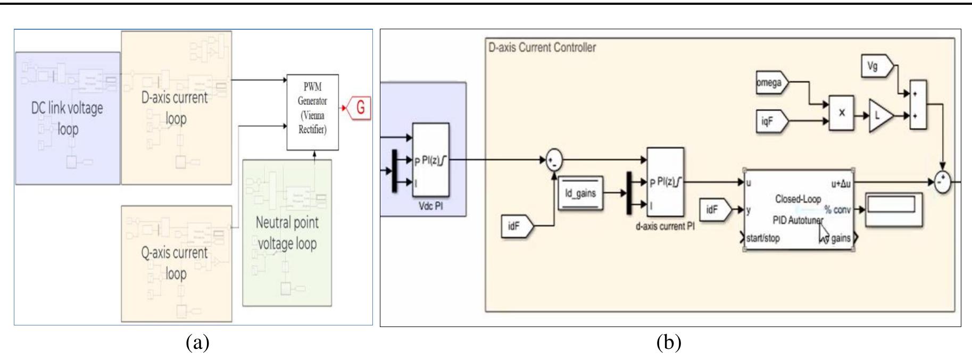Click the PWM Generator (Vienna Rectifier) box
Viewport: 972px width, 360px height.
(312, 112)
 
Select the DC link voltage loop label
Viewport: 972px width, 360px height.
(67, 118)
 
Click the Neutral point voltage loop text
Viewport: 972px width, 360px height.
(287, 232)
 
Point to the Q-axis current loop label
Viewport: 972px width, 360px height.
(175, 262)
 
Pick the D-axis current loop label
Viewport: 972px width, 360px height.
(175, 107)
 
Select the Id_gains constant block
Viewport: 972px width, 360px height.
(580, 193)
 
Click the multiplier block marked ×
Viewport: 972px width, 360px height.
(841, 113)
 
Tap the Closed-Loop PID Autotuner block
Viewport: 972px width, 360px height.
(798, 210)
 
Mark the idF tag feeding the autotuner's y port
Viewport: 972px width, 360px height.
(716, 210)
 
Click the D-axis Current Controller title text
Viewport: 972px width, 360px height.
(542, 47)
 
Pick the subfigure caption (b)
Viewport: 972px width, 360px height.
(668, 343)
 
